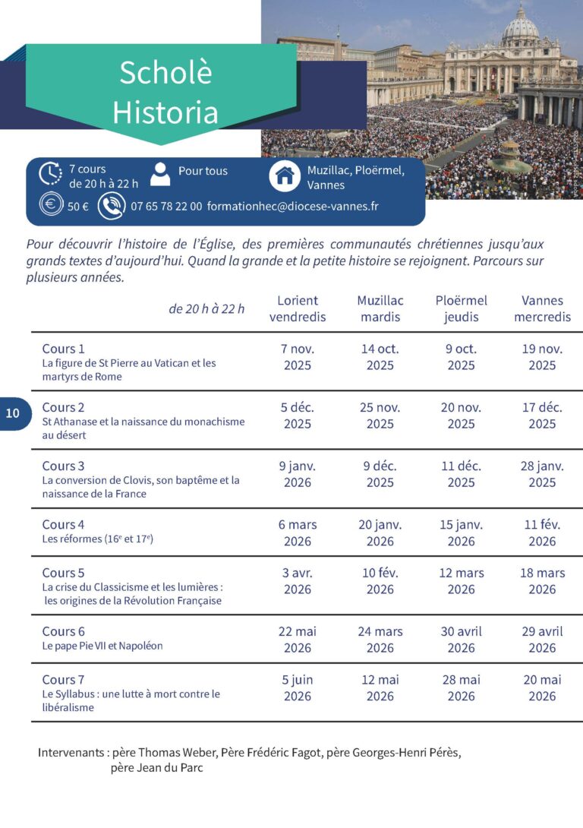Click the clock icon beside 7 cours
pyautogui.click(x=50, y=174)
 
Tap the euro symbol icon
pyautogui.click(x=50, y=205)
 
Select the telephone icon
pyautogui.click(x=112, y=206)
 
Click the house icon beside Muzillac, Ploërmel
pyautogui.click(x=285, y=176)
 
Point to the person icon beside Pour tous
pyautogui.click(x=160, y=173)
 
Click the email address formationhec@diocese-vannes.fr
pyautogui.click(x=292, y=206)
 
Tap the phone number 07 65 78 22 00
pyautogui.click(x=166, y=206)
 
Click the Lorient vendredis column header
pyautogui.click(x=298, y=308)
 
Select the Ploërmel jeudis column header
pyautogui.click(x=461, y=308)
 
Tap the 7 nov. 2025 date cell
pyautogui.click(x=298, y=357)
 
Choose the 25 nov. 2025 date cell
pyautogui.click(x=380, y=416)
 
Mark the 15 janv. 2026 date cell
pyautogui.click(x=461, y=533)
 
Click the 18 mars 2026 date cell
pyautogui.click(x=542, y=581)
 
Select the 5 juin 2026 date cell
pyautogui.click(x=298, y=687)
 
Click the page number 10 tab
pyautogui.click(x=14, y=414)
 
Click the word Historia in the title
pyautogui.click(x=165, y=112)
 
